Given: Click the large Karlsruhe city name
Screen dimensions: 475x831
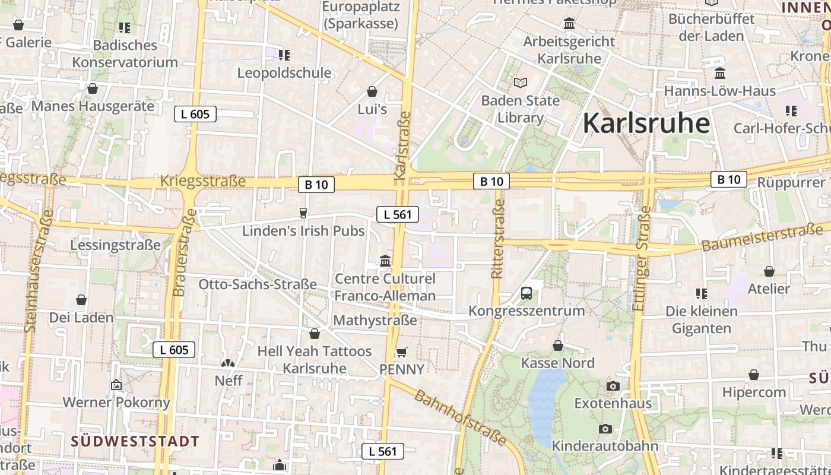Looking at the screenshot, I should click(x=646, y=123).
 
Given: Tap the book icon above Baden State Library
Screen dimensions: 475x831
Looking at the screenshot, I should click(x=521, y=83).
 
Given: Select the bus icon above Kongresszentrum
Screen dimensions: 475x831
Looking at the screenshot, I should click(x=526, y=293).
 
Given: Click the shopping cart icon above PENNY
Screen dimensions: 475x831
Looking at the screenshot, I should click(x=401, y=352).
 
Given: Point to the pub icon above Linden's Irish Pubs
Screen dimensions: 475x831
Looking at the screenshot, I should click(x=303, y=213).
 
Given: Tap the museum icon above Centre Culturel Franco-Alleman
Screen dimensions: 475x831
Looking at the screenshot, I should click(x=385, y=261).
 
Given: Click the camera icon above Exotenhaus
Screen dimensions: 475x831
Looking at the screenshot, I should click(x=613, y=387).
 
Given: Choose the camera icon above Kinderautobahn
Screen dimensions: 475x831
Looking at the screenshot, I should click(x=605, y=429).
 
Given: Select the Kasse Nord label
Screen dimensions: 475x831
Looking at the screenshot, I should click(x=557, y=363).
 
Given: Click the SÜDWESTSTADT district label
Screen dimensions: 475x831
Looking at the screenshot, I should click(x=135, y=441).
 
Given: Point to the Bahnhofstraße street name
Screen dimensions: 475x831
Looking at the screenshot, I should click(x=461, y=417).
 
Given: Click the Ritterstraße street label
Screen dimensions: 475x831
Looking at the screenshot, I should click(x=497, y=239).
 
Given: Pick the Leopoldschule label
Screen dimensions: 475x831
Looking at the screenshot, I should click(x=284, y=73).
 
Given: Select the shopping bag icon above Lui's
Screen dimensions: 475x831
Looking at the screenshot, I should click(x=372, y=91).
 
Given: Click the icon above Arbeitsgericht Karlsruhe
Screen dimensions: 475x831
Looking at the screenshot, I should click(x=569, y=24).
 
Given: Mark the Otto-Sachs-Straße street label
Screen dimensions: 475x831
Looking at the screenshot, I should click(x=258, y=284).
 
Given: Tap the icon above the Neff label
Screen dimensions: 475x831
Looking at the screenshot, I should click(x=228, y=363).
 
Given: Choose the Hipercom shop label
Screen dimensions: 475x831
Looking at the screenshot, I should click(x=754, y=392).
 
